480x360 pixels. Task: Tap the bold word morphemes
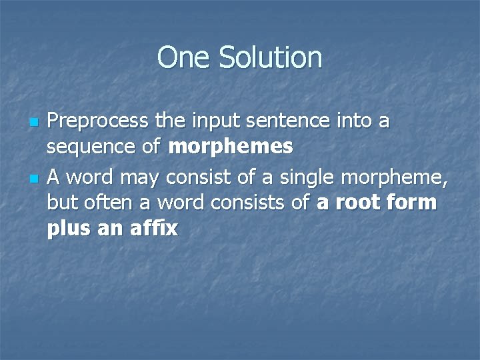click(x=231, y=147)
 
